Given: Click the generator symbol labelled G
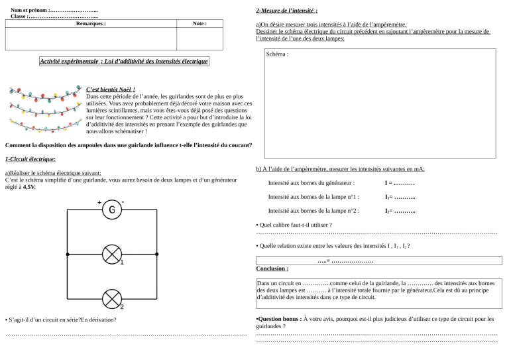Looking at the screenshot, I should click(112, 211).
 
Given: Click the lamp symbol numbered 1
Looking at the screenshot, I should click(112, 254).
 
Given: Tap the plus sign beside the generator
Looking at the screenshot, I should click(99, 202).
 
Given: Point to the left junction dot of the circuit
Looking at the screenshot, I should click(68, 254).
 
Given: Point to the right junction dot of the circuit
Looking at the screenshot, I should click(157, 254).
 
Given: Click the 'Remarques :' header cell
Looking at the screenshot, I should click(91, 23).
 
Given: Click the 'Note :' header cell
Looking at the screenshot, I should click(199, 23).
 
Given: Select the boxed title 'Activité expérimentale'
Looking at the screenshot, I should click(123, 62).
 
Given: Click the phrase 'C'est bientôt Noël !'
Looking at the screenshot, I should click(111, 90).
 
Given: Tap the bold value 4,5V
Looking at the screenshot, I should click(29, 188).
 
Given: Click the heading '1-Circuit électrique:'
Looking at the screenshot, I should click(30, 159).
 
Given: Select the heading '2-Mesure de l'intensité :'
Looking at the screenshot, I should click(286, 11).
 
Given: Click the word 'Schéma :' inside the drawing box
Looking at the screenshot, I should click(277, 54).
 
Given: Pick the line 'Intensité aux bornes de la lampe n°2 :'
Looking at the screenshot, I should click(313, 211).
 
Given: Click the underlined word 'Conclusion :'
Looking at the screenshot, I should click(272, 269).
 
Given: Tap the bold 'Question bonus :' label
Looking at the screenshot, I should click(278, 319).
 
